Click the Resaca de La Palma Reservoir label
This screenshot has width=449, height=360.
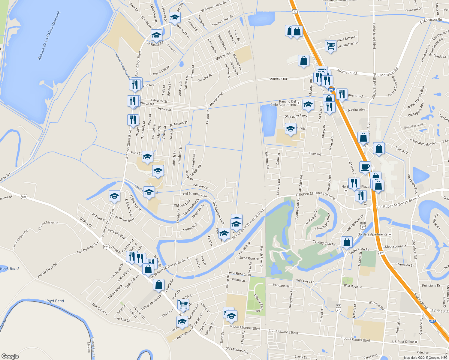[x=49, y=35]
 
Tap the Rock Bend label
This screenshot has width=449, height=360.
[x=9, y=268]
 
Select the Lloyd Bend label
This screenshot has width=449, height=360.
[x=54, y=301]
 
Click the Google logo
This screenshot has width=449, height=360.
[x=10, y=356]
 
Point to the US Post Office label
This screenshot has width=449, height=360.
[x=403, y=341]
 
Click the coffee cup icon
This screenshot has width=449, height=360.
[x=365, y=167]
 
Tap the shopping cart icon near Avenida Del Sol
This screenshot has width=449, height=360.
[x=330, y=46]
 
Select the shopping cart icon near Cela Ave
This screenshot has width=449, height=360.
[x=183, y=304]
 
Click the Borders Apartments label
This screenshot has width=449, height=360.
[x=372, y=234]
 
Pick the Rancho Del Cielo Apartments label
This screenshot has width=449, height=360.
[x=283, y=103]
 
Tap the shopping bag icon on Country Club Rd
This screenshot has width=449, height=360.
[x=347, y=242]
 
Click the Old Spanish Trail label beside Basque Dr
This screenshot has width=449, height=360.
[x=195, y=194]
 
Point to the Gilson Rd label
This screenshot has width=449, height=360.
[x=314, y=154]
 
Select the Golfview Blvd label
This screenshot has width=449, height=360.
[x=413, y=126]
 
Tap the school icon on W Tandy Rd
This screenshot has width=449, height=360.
[x=156, y=36]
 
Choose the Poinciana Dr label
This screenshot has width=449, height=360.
[x=431, y=286]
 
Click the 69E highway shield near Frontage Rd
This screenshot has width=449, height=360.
[x=432, y=321]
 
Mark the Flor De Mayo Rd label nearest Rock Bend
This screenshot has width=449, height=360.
[x=47, y=270]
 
